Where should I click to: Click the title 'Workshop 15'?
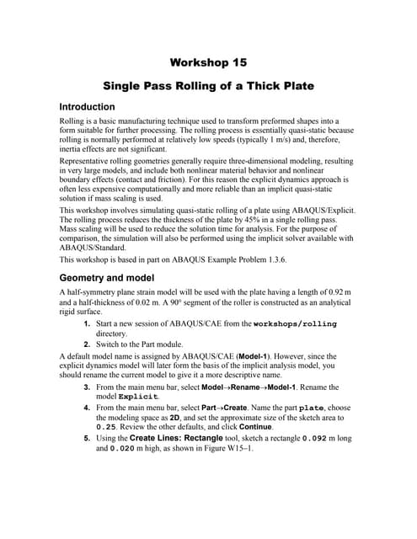208,62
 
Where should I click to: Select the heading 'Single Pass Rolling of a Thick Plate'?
208,85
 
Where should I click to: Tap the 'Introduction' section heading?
86,108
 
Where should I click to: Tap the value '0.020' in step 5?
128,449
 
